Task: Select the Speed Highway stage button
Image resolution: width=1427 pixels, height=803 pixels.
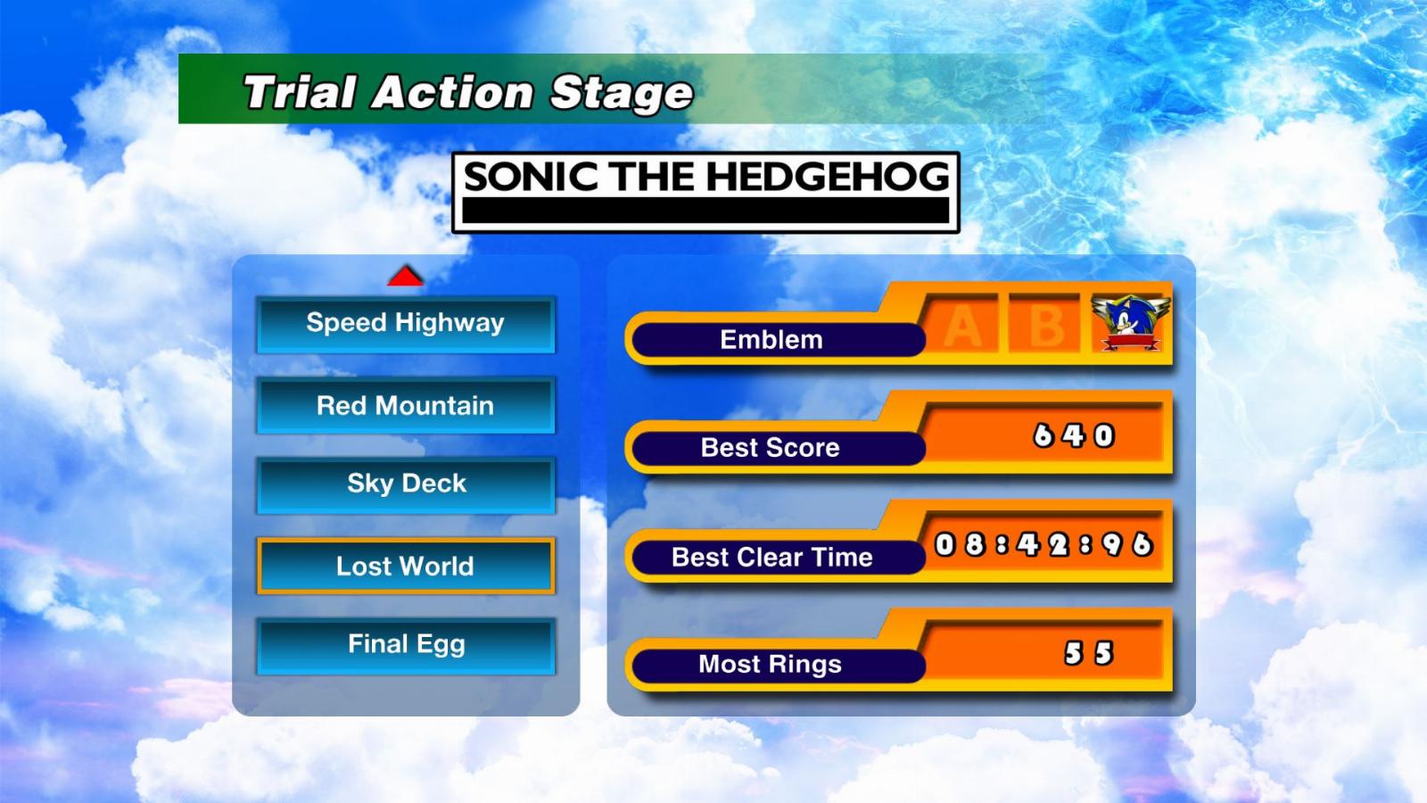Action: point(406,325)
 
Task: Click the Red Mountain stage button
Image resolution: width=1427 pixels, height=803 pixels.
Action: point(406,406)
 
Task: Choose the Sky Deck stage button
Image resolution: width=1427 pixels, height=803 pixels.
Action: point(406,485)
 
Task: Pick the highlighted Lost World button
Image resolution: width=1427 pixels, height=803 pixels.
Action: point(406,566)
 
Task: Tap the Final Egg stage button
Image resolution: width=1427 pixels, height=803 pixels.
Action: point(406,646)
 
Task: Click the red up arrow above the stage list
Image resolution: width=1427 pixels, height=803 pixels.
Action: point(405,276)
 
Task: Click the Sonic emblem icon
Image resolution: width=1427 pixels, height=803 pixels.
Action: point(1131,323)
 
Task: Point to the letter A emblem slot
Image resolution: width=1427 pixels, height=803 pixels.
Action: point(962,326)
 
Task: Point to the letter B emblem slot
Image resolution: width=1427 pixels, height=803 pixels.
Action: point(1045,326)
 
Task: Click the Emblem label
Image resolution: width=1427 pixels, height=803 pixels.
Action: point(771,340)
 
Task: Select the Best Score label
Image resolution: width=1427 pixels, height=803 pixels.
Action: point(771,447)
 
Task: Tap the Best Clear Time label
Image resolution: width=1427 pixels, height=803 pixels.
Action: point(772,557)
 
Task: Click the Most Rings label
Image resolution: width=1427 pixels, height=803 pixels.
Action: point(771,664)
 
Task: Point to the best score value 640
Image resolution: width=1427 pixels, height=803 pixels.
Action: point(1074,436)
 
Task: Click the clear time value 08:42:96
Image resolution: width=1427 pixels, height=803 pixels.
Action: point(1044,545)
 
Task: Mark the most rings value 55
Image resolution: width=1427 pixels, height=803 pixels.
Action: point(1089,653)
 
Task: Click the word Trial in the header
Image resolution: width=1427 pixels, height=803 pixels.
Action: point(300,93)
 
